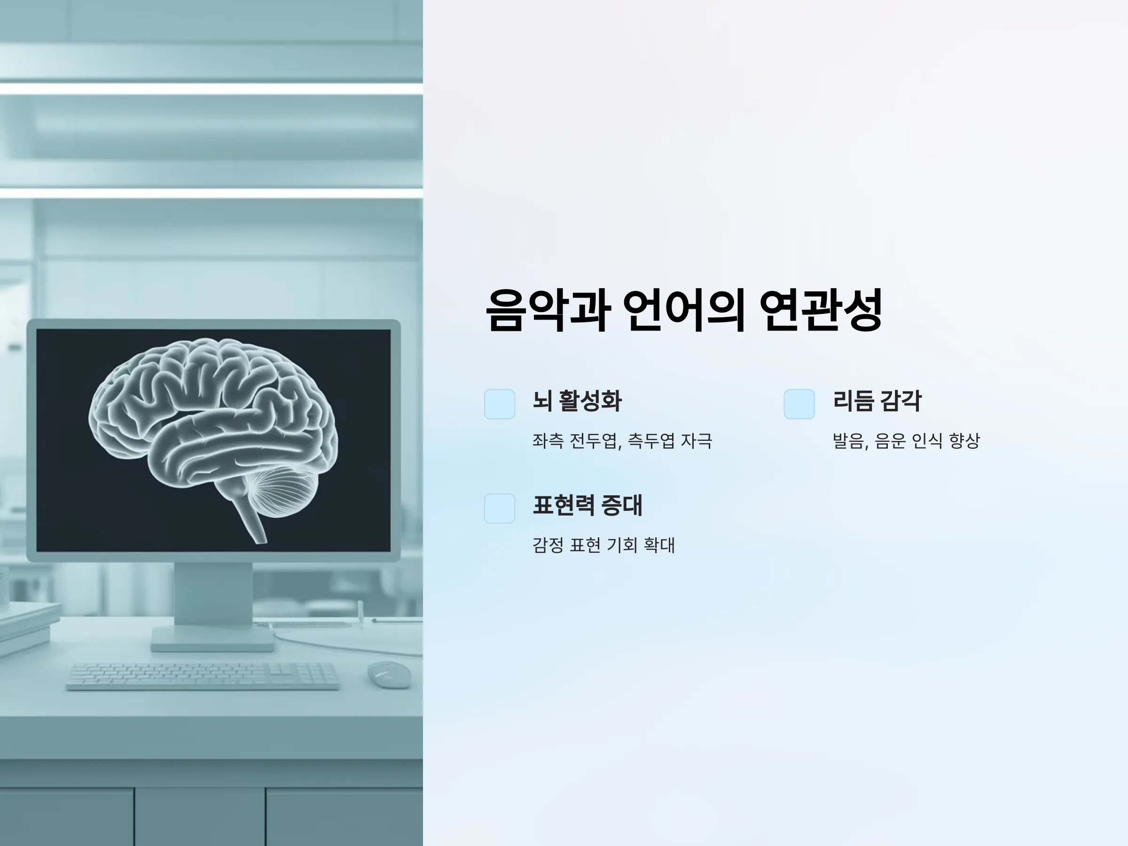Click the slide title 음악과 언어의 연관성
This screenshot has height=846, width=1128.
(684, 310)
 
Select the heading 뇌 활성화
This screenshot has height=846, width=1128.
(577, 401)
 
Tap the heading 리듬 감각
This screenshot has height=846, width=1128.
(877, 401)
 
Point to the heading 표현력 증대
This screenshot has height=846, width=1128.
(587, 505)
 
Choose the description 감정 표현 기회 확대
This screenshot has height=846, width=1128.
(604, 545)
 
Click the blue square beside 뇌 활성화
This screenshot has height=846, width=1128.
(500, 404)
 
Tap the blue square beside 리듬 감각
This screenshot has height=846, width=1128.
(799, 404)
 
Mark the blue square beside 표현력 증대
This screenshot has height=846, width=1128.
(500, 509)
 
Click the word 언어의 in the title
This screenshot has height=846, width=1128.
(684, 310)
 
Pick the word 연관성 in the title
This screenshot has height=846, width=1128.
(821, 310)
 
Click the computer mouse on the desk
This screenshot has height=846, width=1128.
(389, 674)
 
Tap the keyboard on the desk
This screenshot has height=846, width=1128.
(203, 676)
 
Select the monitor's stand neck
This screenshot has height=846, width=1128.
(213, 594)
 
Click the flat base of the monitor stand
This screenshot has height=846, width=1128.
(212, 639)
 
